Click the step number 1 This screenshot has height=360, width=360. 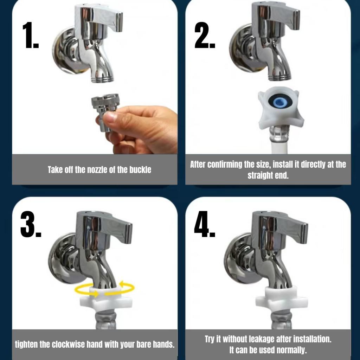(x=31, y=35)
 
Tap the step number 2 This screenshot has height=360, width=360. (x=205, y=35)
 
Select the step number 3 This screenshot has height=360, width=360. (x=31, y=224)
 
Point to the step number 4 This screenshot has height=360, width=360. (x=205, y=224)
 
